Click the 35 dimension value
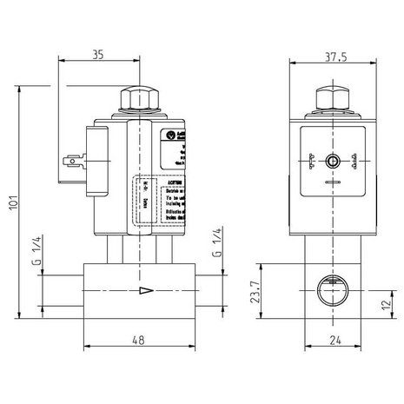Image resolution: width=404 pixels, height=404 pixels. point(96,55)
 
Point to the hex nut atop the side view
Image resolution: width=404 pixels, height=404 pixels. point(139,98)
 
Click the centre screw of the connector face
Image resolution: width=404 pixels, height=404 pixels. point(330,161)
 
